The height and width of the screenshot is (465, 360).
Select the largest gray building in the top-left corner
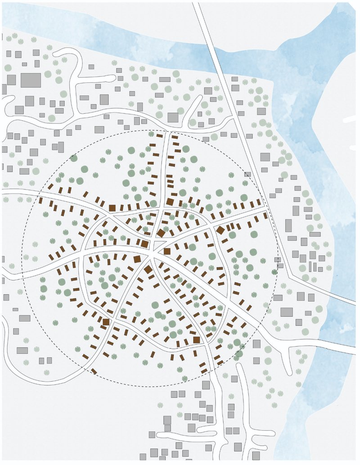click(x=31, y=80)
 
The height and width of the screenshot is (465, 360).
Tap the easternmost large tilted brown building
click(x=220, y=230)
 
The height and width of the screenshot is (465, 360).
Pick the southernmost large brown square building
click(x=197, y=340)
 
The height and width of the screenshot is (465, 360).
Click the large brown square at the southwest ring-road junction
click(x=106, y=322)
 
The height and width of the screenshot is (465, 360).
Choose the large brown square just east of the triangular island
click(x=167, y=251)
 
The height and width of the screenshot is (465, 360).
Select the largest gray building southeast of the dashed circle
click(x=287, y=312)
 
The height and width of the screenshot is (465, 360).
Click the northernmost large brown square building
click(x=170, y=201)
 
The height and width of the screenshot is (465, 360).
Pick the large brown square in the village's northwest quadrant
click(x=112, y=208)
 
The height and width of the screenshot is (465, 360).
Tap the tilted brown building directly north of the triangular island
click(x=161, y=233)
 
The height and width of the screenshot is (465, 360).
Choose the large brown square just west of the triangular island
click(x=144, y=244)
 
